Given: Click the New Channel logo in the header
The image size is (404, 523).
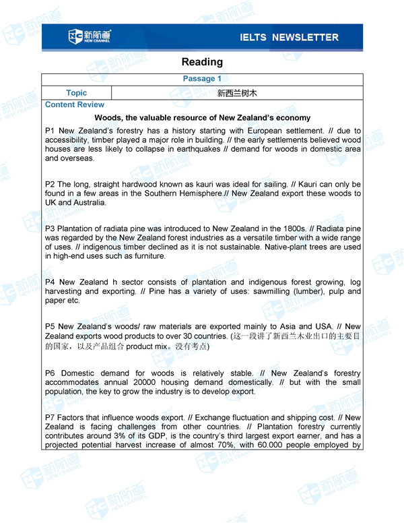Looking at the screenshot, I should pyautogui.click(x=90, y=36).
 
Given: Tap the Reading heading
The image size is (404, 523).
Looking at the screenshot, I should pyautogui.click(x=202, y=62).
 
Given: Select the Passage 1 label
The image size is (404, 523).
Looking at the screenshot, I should pyautogui.click(x=202, y=79).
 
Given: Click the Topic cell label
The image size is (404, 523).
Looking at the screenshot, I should pyautogui.click(x=77, y=93).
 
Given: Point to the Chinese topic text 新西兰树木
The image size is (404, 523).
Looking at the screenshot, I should pyautogui.click(x=237, y=93).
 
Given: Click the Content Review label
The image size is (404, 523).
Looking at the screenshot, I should pyautogui.click(x=75, y=104).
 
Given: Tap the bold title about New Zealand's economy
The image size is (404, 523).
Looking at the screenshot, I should pyautogui.click(x=202, y=117).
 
